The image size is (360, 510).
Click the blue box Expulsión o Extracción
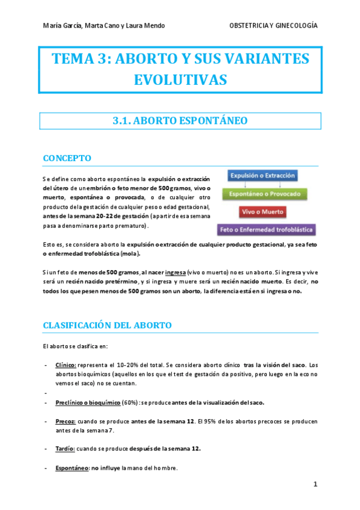click(261, 176)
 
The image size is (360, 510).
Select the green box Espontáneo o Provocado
click(265, 194)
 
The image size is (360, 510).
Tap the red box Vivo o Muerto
click(263, 212)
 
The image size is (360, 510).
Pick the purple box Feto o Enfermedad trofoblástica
click(267, 229)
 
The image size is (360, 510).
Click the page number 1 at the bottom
click(315, 484)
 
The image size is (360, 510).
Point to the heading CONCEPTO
click(67, 158)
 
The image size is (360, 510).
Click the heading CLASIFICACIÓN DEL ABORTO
click(107, 325)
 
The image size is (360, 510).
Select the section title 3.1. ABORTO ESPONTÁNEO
click(180, 121)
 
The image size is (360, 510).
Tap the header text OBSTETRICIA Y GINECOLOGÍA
click(273, 26)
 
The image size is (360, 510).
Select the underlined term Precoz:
click(66, 421)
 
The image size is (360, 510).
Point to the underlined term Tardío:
click(66, 449)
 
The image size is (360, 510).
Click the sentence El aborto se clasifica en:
click(75, 346)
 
